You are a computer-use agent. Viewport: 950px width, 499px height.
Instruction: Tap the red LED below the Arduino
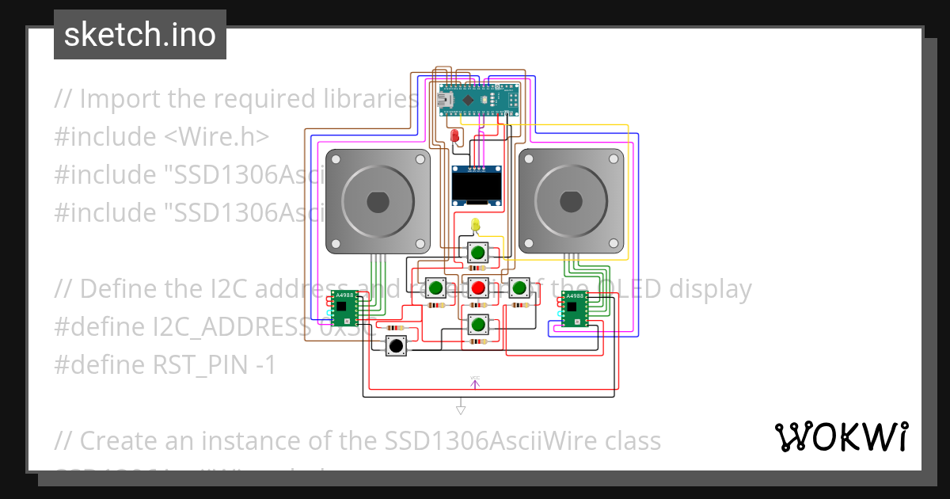coord(454,136)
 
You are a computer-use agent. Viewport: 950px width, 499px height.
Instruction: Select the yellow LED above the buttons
coord(475,225)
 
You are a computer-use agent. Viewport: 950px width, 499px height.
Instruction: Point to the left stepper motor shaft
coord(378,201)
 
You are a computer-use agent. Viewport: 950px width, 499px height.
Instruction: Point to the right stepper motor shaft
coord(571,201)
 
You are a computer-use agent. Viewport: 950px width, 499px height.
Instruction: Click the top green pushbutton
coord(477,253)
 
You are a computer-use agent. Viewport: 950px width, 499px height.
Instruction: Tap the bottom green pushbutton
coord(477,324)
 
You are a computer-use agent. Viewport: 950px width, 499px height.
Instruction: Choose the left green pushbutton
coord(435,288)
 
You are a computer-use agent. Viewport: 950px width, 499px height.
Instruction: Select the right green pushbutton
coord(519,288)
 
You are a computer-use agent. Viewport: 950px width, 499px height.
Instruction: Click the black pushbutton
coord(395,346)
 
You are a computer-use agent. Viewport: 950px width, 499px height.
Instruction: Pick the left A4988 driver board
coord(344,308)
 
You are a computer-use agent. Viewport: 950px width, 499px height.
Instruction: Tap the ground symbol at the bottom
coord(460,409)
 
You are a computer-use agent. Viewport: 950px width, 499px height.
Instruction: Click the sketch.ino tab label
coord(140,35)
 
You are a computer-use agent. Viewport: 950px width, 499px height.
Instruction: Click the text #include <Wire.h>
coord(161,136)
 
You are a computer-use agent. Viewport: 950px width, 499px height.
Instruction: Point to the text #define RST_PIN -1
coord(165,365)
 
